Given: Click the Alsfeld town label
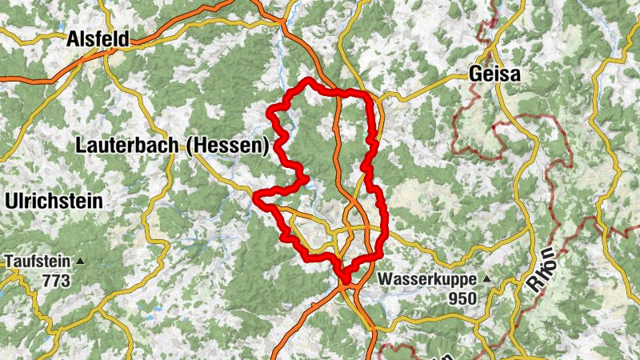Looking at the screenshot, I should (x=98, y=38).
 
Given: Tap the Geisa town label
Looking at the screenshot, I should (x=494, y=74).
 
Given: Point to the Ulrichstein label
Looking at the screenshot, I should (x=54, y=202).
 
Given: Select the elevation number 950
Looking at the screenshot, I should (x=462, y=298).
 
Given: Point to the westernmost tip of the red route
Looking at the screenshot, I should (x=255, y=195).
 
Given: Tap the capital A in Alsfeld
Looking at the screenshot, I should (x=74, y=38).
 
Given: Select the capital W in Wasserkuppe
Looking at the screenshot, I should (x=386, y=280).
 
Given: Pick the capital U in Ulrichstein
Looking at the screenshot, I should (x=10, y=202).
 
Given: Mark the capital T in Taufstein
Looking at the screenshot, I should (x=10, y=261).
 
